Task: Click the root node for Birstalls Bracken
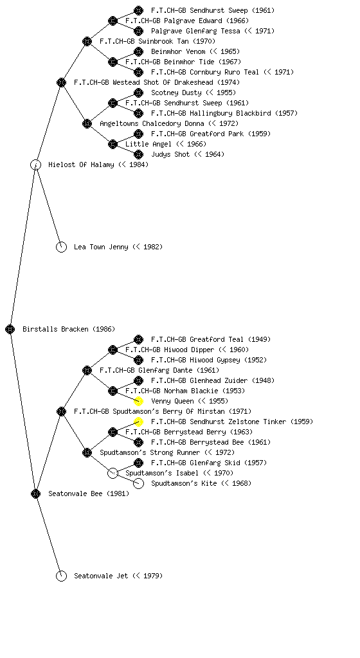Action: pos(10,330)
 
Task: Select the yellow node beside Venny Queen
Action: pos(138,401)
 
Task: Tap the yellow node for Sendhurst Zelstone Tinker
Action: pos(138,422)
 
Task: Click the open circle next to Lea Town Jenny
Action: pos(61,247)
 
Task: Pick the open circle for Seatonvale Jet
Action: pos(61,576)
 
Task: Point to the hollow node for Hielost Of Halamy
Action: pos(35,165)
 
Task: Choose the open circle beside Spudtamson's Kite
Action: pos(138,483)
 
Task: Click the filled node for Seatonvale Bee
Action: pos(35,494)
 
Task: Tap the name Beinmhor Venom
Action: pos(178,51)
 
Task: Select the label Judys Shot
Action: pos(170,154)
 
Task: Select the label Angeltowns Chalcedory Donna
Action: pos(152,124)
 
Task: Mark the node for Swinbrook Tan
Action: pos(87,41)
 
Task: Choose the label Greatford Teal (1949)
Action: pos(211,339)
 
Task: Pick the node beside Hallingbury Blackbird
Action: pos(138,113)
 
